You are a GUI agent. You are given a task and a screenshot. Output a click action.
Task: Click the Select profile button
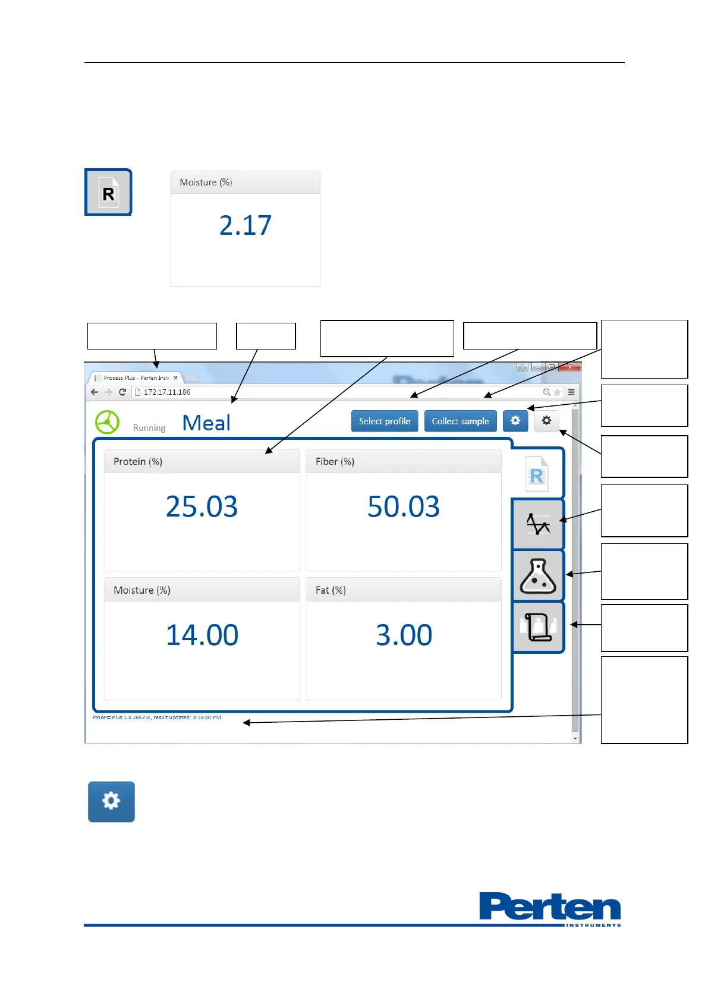coord(385,421)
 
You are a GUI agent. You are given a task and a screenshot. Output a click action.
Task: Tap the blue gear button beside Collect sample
coord(515,421)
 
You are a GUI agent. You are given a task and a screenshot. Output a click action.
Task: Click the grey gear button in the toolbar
coord(546,421)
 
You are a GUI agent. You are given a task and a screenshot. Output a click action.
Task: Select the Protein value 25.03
coord(202,506)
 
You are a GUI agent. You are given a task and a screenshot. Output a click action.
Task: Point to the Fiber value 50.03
coord(403,506)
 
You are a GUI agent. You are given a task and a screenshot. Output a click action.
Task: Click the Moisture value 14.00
coord(202,635)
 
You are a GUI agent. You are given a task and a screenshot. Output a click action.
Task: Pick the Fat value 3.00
coord(404,635)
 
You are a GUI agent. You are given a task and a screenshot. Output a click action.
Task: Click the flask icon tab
coord(537,576)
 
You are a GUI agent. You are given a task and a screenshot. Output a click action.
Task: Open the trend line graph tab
coord(537,524)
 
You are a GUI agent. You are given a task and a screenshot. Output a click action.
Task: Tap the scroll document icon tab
coord(537,627)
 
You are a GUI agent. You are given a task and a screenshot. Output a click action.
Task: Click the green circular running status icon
coord(107,422)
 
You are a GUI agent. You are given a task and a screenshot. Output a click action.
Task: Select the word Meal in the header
coord(206,423)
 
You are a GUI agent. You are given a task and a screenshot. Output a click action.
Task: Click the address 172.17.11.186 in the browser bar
coord(167,392)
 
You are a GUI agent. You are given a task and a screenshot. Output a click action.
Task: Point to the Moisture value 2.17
coord(245,225)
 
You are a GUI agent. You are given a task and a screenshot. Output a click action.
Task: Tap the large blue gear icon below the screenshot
coord(111,801)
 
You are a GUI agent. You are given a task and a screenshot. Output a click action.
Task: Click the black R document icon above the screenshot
coord(108,193)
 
